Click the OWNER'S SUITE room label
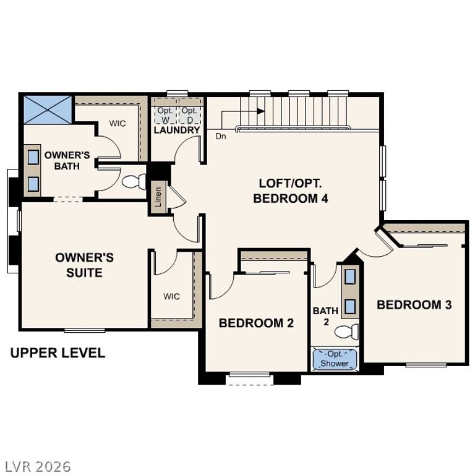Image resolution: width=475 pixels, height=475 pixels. coord(84,265)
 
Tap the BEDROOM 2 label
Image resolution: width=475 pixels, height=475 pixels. coord(256,323)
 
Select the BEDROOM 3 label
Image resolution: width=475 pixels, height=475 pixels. coord(414,304)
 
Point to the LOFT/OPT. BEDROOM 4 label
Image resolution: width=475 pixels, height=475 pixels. coord(290,190)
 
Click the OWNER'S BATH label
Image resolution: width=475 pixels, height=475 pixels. coord(67,160)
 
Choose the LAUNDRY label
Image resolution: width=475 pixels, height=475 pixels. coord(176,131)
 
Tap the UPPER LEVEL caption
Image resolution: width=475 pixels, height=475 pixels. coord(58,353)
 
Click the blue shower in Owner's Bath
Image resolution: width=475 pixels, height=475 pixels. coord(48,109)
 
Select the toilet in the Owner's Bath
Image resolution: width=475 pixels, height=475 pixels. coord(132,182)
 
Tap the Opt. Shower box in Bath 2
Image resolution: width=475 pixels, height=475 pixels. coord(335,359)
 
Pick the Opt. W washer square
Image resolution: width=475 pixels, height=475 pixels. coord(165,115)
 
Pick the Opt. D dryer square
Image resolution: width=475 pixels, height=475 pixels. coord(189,115)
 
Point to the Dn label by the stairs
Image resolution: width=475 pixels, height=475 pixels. coord(221,136)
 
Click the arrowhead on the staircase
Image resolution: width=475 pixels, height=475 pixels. coord(261,111)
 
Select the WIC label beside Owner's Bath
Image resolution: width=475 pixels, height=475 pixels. coord(118,124)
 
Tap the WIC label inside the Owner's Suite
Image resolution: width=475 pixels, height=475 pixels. coord(171,297)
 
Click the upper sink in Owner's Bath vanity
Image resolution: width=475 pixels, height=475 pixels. coord(33,156)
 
